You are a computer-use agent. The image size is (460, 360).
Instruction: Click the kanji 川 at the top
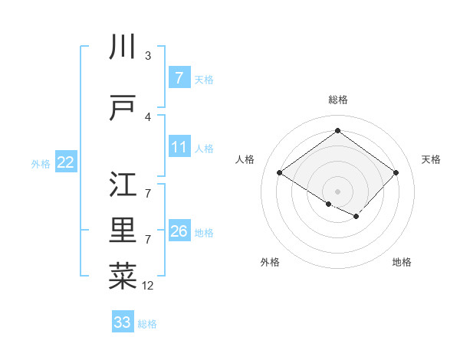click(x=123, y=47)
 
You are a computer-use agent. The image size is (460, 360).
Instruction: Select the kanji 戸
click(x=123, y=108)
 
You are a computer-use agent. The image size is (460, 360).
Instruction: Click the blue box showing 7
click(x=179, y=78)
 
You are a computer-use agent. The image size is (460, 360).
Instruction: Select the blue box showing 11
click(x=179, y=147)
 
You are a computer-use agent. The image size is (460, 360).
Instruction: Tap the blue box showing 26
click(x=179, y=231)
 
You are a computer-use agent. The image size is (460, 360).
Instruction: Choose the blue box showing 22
click(x=65, y=162)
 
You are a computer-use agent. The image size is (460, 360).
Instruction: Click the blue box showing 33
click(x=123, y=322)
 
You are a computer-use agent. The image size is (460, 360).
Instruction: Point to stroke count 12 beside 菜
click(x=148, y=286)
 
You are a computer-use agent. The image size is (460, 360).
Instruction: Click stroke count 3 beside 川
click(x=148, y=56)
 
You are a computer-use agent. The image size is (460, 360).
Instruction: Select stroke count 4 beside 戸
click(x=148, y=117)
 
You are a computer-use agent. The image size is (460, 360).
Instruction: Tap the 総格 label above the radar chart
click(x=337, y=100)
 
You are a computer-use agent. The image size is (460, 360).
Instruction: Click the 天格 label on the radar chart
click(x=431, y=159)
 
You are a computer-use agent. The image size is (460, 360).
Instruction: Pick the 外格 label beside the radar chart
click(x=270, y=262)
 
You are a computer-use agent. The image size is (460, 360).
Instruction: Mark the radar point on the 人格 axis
click(x=279, y=173)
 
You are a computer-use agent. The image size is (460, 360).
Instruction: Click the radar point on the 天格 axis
click(x=396, y=173)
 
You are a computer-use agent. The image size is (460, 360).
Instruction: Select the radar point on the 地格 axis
click(x=356, y=218)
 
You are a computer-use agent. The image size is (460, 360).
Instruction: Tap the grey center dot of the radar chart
click(x=337, y=190)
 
